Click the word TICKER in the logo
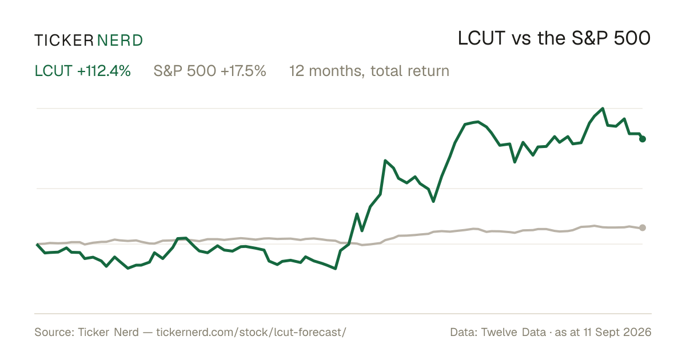64,41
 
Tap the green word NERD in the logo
119,41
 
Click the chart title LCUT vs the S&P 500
554,39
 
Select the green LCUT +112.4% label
83,71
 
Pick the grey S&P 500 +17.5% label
210,71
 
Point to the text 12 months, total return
369,71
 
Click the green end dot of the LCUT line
643,139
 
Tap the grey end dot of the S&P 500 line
643,227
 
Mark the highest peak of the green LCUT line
603,109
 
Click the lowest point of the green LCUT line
336,269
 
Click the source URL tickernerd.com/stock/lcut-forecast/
251,332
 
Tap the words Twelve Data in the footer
513,332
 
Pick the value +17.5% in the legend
243,71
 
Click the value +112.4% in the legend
104,71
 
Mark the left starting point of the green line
37,245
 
